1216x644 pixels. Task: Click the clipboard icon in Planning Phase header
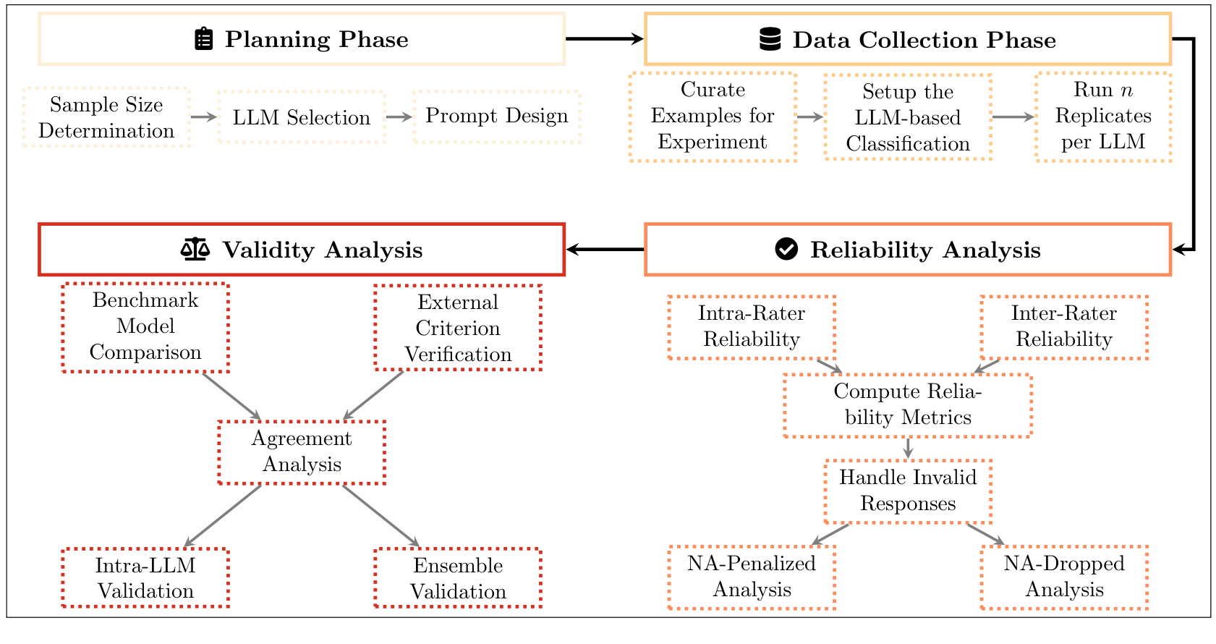(204, 39)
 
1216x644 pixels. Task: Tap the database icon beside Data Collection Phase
(770, 39)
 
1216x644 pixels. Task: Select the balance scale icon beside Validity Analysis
(195, 250)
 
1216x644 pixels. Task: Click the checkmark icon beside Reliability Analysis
(786, 249)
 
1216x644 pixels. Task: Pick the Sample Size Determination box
(106, 117)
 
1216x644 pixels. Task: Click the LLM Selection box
(301, 117)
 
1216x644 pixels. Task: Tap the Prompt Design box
(497, 116)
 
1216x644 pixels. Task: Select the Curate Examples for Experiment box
(713, 116)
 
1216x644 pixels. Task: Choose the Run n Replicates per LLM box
(1103, 116)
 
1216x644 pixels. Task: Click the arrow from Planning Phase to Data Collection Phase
(604, 39)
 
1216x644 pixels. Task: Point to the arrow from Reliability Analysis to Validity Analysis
(604, 250)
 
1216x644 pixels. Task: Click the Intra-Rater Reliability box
(752, 327)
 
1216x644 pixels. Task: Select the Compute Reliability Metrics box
(907, 405)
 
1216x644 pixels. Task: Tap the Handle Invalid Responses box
(908, 491)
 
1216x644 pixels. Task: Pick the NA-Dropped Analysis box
(1064, 577)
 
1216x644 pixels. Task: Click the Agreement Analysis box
(302, 452)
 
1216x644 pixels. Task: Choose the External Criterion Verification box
(458, 328)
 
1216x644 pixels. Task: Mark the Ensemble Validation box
(458, 578)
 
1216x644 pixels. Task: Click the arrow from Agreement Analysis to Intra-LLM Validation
(222, 515)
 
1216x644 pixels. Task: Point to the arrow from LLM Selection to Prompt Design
(399, 117)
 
